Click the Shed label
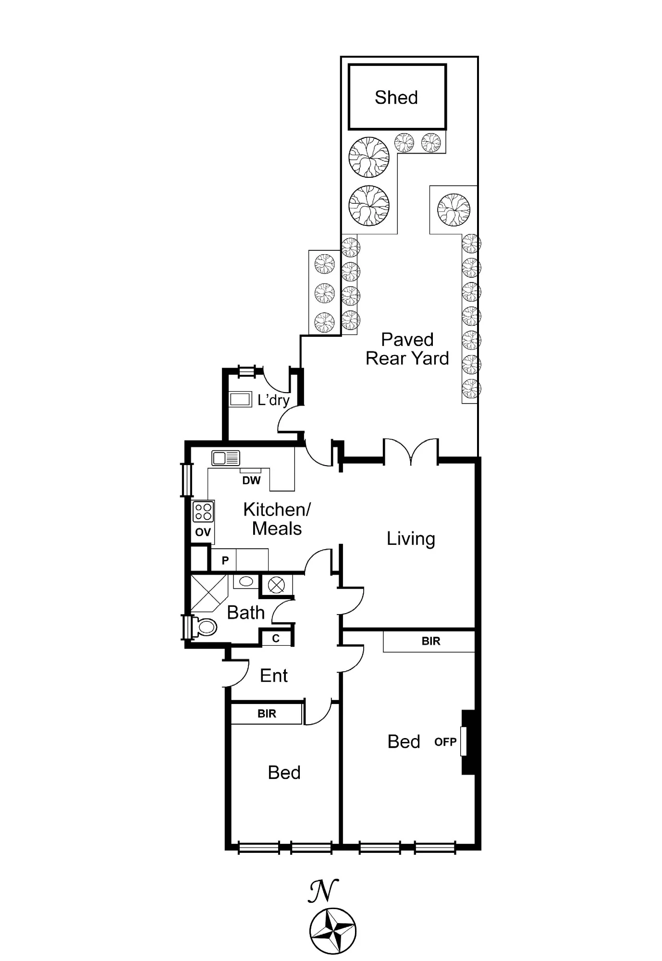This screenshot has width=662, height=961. pos(396,98)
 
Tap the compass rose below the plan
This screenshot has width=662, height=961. pos(332,931)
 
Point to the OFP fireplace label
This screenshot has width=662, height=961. pos(445,742)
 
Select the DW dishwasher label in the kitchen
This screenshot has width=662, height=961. pos(251,480)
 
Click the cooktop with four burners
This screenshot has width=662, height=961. pos(203,511)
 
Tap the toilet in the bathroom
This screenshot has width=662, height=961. pos(204,627)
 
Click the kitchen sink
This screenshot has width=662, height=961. pos(226,458)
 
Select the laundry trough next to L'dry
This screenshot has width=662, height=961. pos(240,399)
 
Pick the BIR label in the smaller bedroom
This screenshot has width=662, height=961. pos(267,714)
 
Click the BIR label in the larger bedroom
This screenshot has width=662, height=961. pos(431,641)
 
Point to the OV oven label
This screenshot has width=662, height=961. pos(203,532)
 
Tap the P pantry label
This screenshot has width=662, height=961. pos(225,560)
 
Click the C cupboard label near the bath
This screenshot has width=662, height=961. pos(276,639)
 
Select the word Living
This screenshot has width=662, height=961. pos(411,539)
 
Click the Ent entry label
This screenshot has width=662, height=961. pos(274,676)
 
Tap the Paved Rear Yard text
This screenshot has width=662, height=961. pos(407,349)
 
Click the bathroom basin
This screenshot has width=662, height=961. pos(246,581)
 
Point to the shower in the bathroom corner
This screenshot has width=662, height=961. pos(209,593)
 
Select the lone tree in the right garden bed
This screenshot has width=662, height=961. pos(454,209)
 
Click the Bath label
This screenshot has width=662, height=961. pos(246,613)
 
